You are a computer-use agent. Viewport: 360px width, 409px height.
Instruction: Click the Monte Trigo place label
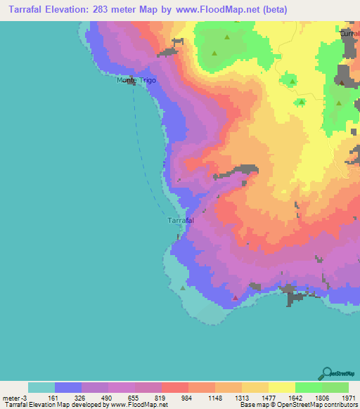[x=136, y=81]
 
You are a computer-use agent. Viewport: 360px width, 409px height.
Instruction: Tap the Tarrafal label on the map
[x=181, y=221]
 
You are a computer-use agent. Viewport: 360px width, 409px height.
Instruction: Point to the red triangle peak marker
[x=235, y=297]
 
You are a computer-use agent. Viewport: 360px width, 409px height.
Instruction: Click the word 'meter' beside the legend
[x=12, y=398]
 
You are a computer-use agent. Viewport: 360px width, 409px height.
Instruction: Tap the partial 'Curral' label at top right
[x=349, y=33]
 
